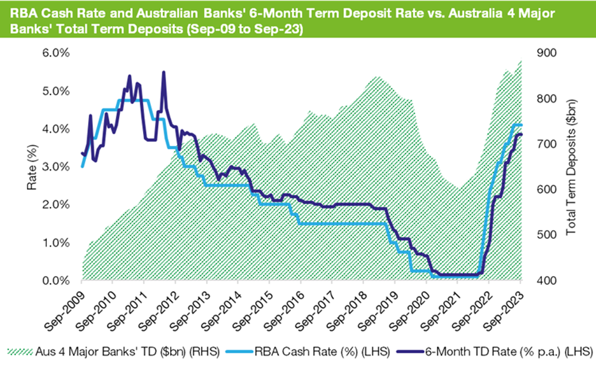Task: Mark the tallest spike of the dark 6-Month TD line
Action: coord(164,72)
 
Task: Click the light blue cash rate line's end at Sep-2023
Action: coord(521,125)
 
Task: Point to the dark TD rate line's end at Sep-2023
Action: coord(521,134)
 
